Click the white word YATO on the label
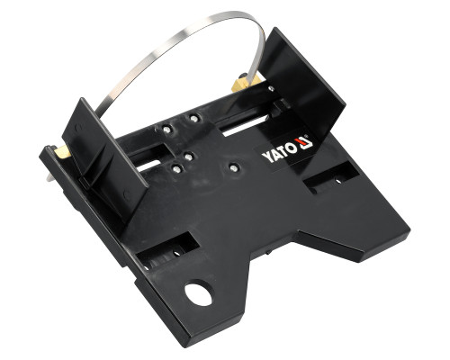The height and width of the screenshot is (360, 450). [x=278, y=152]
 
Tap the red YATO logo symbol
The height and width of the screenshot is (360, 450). [x=303, y=142]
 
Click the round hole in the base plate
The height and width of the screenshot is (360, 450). [x=198, y=293]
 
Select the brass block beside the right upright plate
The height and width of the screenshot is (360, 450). [x=246, y=84]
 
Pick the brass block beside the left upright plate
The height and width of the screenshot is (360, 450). [x=63, y=152]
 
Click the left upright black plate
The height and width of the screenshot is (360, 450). [x=105, y=159]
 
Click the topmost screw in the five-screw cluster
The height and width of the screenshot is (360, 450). [x=194, y=119]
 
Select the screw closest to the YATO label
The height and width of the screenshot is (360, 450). [x=233, y=168]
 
